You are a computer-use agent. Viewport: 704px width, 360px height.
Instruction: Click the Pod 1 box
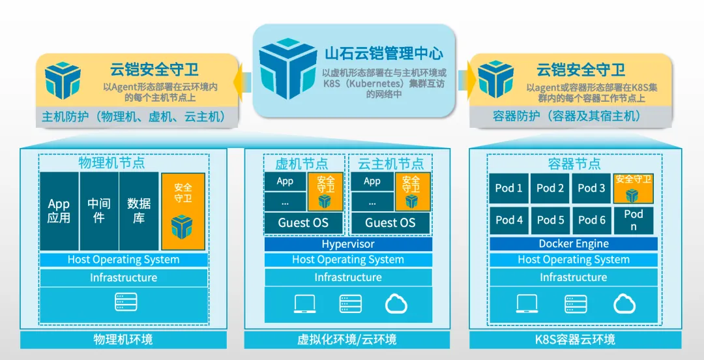pos(509,188)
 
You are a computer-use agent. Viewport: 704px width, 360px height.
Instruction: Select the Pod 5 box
pos(550,220)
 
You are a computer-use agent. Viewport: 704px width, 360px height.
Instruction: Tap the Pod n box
pos(633,220)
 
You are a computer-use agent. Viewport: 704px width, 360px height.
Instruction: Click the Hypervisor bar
pos(348,244)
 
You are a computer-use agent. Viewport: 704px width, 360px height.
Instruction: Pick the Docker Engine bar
pos(574,244)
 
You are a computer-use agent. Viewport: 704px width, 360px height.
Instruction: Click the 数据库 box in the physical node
pos(139,211)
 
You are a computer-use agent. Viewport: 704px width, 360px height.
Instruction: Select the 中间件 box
pos(99,211)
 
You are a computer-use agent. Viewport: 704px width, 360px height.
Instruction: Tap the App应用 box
pos(59,211)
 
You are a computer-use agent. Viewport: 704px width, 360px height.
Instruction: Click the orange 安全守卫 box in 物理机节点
pos(183,211)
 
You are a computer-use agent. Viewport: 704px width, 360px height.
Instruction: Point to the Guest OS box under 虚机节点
pos(303,222)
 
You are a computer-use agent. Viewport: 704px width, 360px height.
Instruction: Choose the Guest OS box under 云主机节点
pos(390,222)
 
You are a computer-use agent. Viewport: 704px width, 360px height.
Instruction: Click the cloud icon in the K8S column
pos(624,303)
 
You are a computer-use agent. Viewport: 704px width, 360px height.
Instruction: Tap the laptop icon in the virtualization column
pos(304,303)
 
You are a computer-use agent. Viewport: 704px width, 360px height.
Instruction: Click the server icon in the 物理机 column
pos(126,302)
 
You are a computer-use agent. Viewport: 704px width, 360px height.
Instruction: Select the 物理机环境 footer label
pos(123,340)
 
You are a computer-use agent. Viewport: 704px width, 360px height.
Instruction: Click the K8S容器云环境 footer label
pos(574,340)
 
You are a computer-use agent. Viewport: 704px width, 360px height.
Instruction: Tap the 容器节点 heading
pos(574,164)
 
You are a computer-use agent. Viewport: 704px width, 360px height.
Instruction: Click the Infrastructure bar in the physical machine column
pos(123,278)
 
